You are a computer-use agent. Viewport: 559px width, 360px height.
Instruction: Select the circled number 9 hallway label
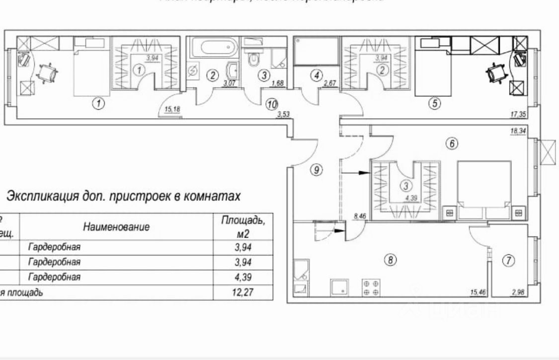(x=316, y=170)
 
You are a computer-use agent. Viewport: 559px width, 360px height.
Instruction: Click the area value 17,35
(x=518, y=114)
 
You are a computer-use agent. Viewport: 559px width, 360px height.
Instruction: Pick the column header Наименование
(x=116, y=227)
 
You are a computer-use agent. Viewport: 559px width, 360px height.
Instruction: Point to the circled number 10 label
(x=271, y=104)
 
